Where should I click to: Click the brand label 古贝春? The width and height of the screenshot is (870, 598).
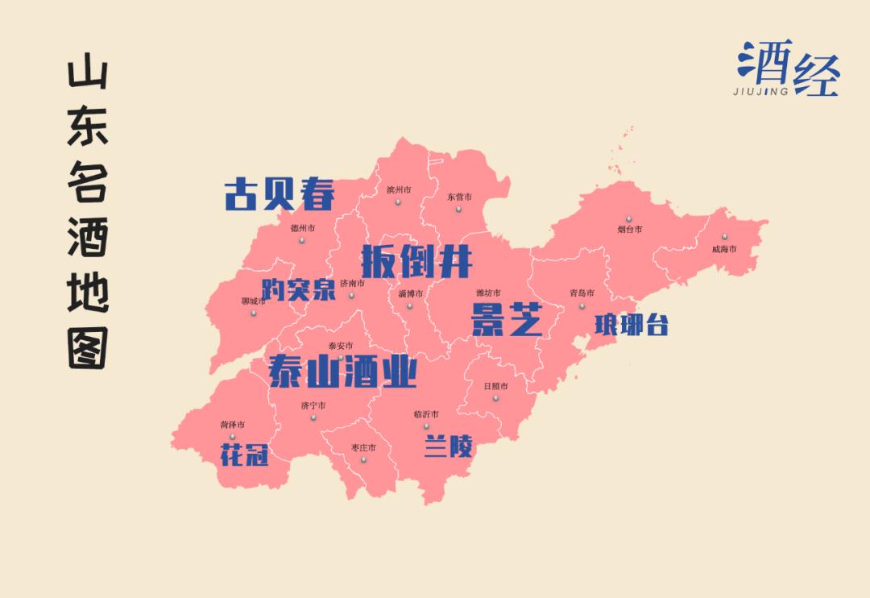point(279,194)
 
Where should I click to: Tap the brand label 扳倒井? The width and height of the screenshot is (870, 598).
point(416,260)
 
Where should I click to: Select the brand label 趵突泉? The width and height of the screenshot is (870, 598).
point(298,289)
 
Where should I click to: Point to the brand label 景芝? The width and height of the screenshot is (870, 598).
point(506,320)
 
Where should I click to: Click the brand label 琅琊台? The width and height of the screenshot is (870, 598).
point(632,325)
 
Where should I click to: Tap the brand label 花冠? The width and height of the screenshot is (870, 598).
point(243,456)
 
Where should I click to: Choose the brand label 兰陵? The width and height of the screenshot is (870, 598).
point(448,446)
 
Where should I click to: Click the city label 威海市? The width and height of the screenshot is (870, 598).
point(724,249)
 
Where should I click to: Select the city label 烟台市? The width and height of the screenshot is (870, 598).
point(630,230)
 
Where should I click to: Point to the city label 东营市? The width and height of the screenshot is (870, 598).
point(459,197)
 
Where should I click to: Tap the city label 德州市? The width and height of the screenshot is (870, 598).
point(302,228)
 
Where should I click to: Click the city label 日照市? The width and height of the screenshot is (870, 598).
point(495,386)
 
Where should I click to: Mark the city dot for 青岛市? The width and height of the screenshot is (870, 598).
point(582,305)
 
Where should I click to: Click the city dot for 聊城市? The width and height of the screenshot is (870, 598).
point(253,314)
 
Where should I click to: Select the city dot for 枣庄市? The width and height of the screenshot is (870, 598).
point(363,460)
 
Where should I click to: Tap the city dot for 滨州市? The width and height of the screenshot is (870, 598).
point(398,202)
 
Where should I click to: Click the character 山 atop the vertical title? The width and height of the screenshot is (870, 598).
point(88,77)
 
